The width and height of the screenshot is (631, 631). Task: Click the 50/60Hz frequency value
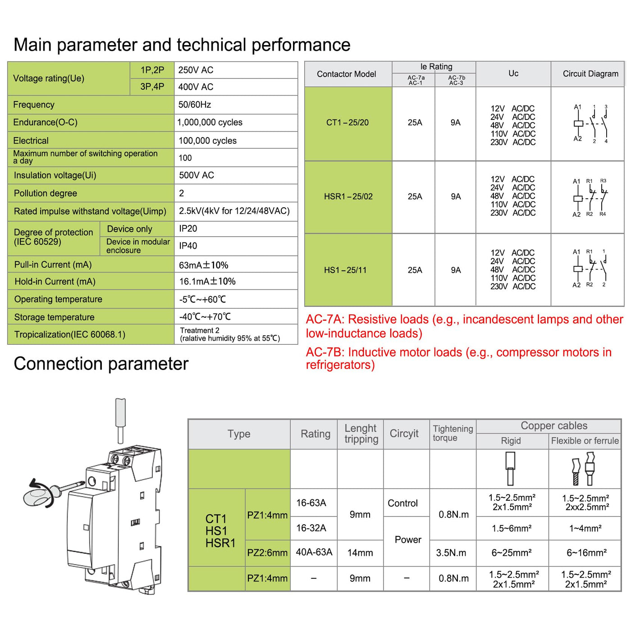point(195,105)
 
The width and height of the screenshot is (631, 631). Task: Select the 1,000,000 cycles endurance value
point(210,122)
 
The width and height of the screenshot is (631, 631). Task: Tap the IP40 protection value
point(188,246)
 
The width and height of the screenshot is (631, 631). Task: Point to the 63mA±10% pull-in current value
point(203,265)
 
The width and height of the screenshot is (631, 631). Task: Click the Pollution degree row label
point(45,193)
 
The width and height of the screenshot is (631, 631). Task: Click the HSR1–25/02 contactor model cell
point(348,197)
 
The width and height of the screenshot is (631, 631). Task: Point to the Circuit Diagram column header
point(590,73)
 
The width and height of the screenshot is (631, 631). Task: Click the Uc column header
point(513,73)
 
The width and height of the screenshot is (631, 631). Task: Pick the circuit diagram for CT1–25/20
point(590,124)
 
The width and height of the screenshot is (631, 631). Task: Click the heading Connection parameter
point(101,363)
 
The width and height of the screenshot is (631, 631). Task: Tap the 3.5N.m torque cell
point(451,553)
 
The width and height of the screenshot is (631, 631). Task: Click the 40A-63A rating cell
point(314,552)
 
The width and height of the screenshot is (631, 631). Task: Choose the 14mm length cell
point(360,553)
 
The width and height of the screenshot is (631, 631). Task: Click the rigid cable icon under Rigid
point(510,469)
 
